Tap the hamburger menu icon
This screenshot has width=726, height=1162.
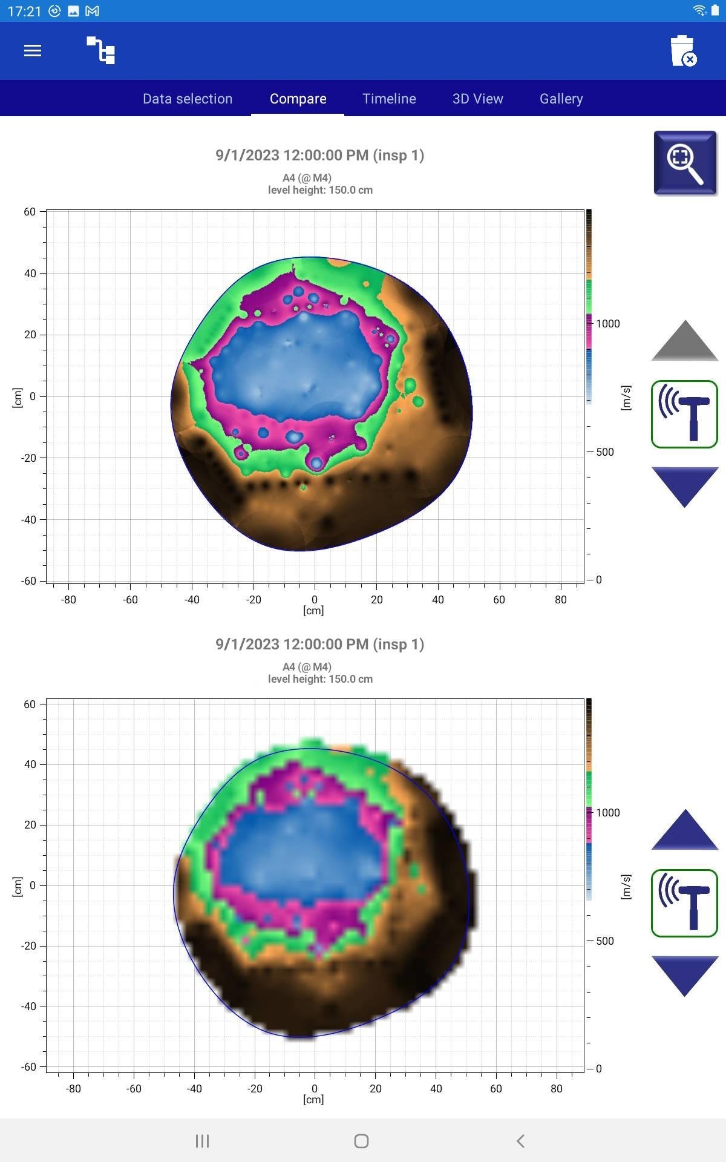click(x=33, y=51)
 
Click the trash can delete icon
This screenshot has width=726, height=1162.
click(x=683, y=51)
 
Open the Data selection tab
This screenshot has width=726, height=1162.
click(x=188, y=99)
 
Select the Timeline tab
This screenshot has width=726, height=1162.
click(x=389, y=99)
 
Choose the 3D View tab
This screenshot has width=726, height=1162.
click(x=477, y=99)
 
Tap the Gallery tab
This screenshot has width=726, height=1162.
click(x=561, y=99)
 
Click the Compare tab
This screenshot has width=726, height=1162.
click(x=298, y=99)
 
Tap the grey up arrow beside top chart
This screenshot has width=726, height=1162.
click(x=684, y=341)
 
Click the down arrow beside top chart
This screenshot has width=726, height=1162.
click(x=684, y=487)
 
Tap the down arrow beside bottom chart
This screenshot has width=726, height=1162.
click(x=684, y=976)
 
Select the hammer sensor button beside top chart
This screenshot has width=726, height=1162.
click(x=684, y=414)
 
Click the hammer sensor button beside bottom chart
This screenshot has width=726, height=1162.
click(x=684, y=903)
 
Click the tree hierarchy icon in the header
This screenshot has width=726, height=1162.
click(x=101, y=51)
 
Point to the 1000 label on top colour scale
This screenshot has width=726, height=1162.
click(x=607, y=324)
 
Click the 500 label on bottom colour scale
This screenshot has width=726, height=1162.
click(x=604, y=940)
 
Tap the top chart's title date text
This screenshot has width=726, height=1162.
click(x=319, y=156)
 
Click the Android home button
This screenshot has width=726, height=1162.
click(x=361, y=1141)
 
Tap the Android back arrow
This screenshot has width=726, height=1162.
click(x=520, y=1141)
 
